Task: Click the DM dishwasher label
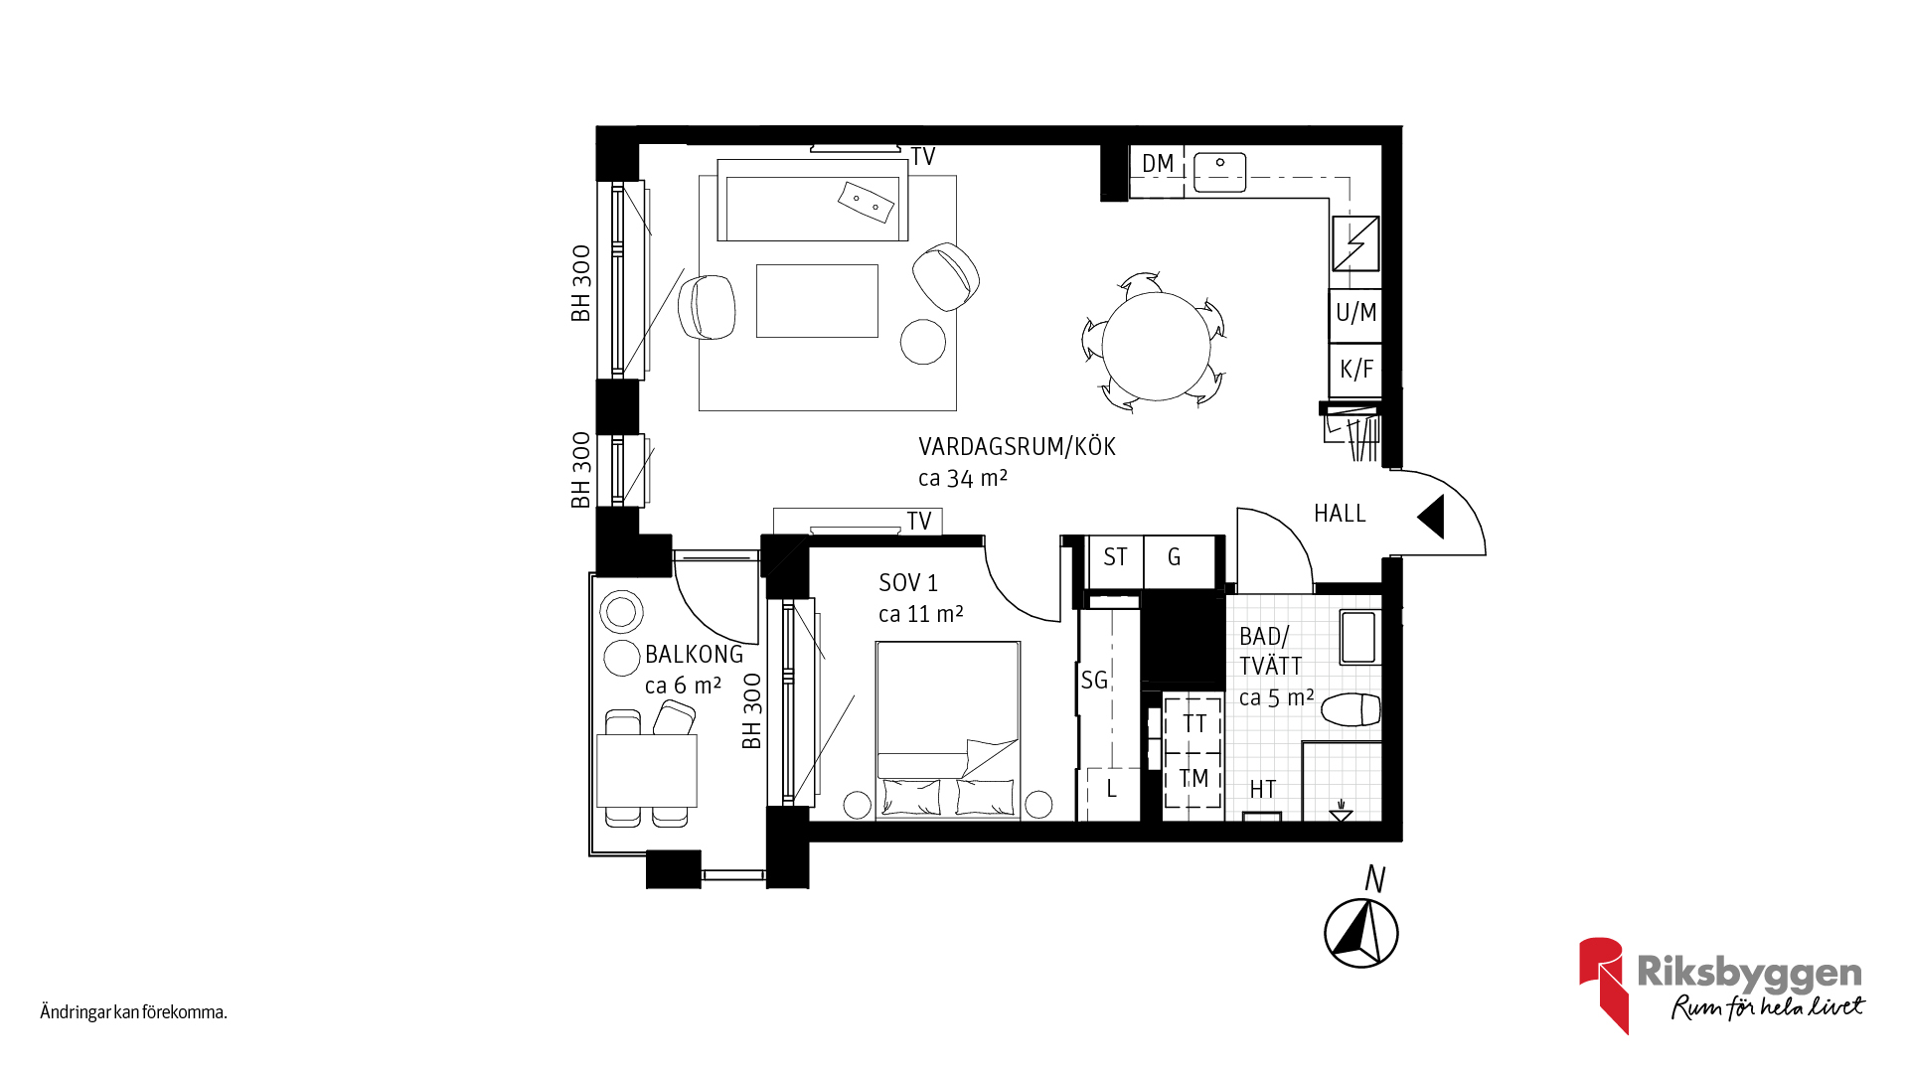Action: click(1158, 164)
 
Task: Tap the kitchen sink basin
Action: click(1219, 172)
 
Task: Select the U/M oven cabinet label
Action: click(1356, 313)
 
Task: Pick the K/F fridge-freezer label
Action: click(1356, 370)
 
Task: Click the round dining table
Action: click(1156, 346)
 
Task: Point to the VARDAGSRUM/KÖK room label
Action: click(1017, 447)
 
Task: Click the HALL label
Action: click(1340, 514)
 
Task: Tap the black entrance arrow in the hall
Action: click(1433, 518)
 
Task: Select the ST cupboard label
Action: click(1115, 557)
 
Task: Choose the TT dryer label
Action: click(1194, 724)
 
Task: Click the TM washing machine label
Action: click(1194, 778)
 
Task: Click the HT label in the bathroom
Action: click(1263, 790)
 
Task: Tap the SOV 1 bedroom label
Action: click(908, 583)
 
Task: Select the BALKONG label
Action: click(694, 655)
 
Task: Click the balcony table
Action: click(647, 770)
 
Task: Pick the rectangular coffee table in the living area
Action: click(817, 301)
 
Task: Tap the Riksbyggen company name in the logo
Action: click(1749, 973)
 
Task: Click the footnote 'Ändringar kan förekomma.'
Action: click(134, 1012)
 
